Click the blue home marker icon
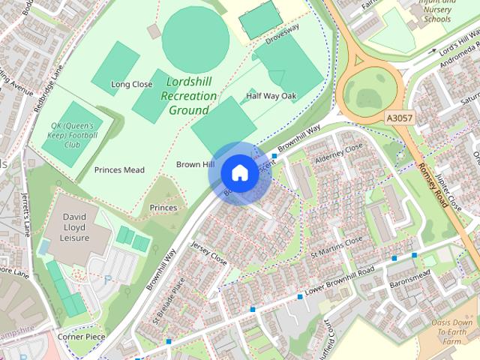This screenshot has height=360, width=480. [x=238, y=172]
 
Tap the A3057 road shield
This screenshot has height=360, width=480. [x=400, y=118]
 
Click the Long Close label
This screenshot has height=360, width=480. [x=131, y=85]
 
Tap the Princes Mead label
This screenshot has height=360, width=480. [x=119, y=170]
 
